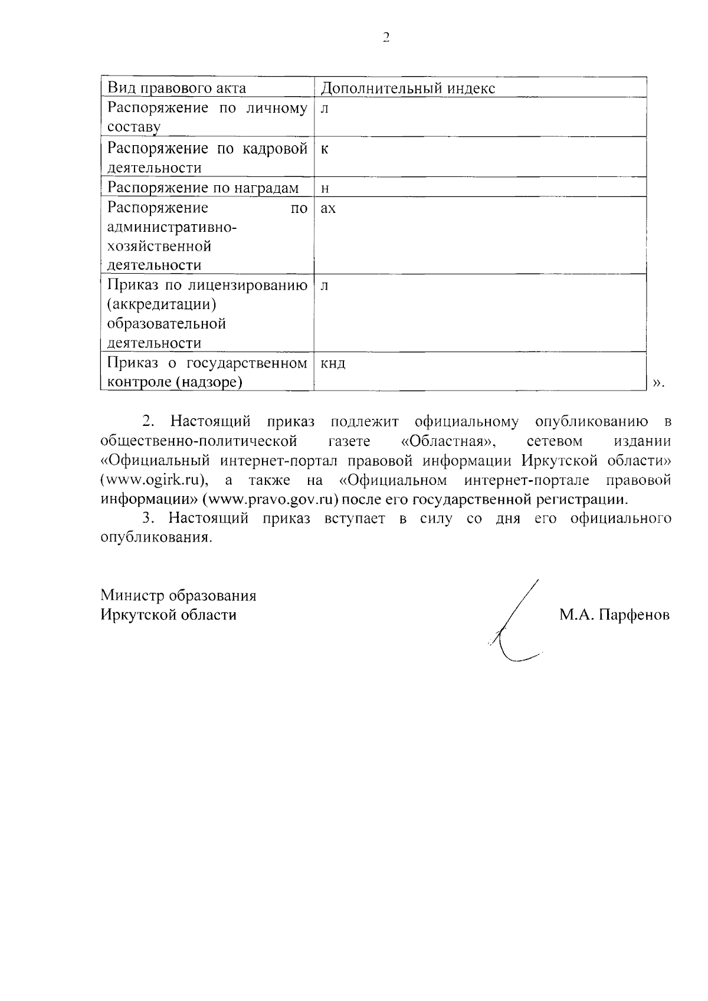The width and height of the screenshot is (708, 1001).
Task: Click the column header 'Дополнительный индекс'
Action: tap(408, 88)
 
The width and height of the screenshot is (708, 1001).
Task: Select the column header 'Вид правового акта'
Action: tap(176, 88)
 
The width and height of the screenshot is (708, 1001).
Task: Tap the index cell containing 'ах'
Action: tap(327, 208)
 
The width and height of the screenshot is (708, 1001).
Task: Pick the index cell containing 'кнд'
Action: tap(333, 363)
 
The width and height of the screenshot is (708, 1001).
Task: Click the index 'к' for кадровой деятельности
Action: tap(324, 149)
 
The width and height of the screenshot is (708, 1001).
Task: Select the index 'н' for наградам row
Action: tap(324, 188)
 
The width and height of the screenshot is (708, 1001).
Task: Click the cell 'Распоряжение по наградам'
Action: tap(203, 188)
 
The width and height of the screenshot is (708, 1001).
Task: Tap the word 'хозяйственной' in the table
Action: tap(159, 246)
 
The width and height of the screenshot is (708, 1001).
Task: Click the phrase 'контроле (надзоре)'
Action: tap(175, 382)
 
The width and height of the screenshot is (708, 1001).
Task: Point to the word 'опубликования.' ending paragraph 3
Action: tap(155, 538)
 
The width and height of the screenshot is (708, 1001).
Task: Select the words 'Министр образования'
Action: tap(178, 595)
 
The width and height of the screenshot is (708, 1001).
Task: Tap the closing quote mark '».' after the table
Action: tap(658, 383)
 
